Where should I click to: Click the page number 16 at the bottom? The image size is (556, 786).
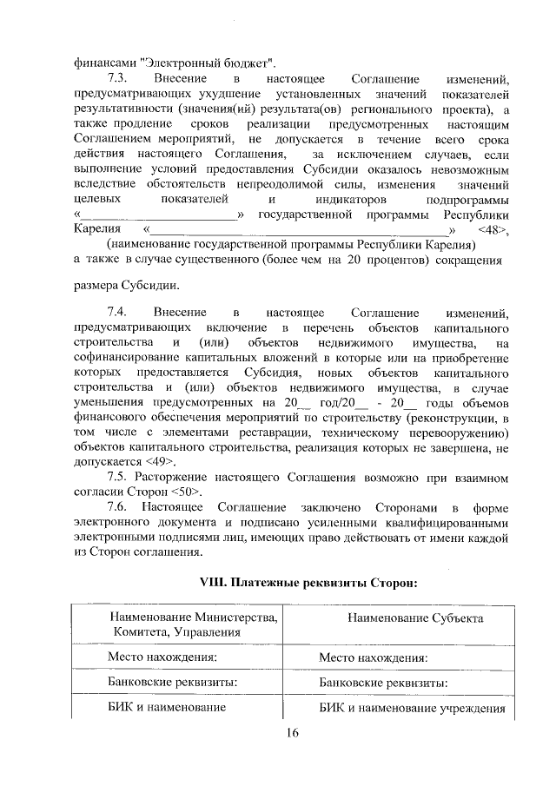coord(292,734)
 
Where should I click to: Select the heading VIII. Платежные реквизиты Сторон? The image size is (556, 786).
coord(291,583)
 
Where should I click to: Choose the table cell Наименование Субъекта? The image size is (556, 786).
coord(403,618)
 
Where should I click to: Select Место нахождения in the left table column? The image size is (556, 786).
coord(162,658)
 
